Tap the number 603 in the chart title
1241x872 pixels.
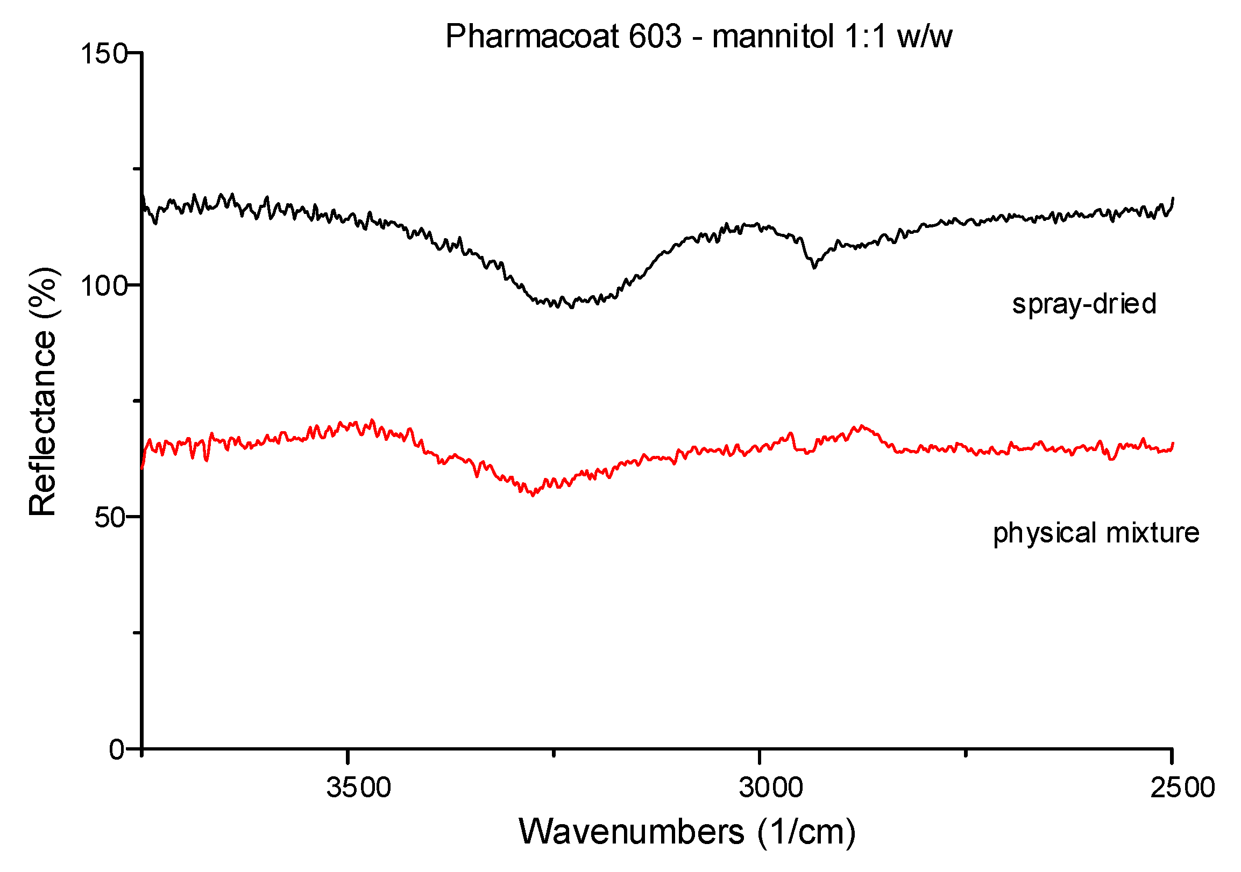click(655, 37)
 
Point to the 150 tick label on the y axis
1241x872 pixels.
click(103, 54)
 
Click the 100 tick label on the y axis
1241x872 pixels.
click(103, 286)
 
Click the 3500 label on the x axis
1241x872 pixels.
click(358, 788)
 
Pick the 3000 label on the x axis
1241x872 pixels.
click(771, 788)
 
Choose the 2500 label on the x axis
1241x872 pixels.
click(1182, 788)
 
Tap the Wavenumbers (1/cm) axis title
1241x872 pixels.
click(687, 833)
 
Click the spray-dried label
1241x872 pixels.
click(1084, 304)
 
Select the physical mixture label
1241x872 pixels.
click(1096, 533)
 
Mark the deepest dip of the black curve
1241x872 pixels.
click(572, 307)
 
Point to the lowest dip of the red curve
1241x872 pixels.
click(533, 495)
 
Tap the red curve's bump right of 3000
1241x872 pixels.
click(862, 427)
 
